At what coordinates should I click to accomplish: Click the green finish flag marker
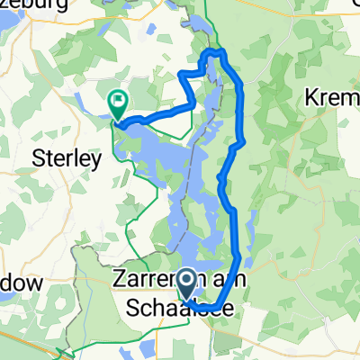point(116,103)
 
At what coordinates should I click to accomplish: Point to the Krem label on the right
point(334,95)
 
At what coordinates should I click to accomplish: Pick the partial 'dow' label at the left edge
point(20,283)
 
